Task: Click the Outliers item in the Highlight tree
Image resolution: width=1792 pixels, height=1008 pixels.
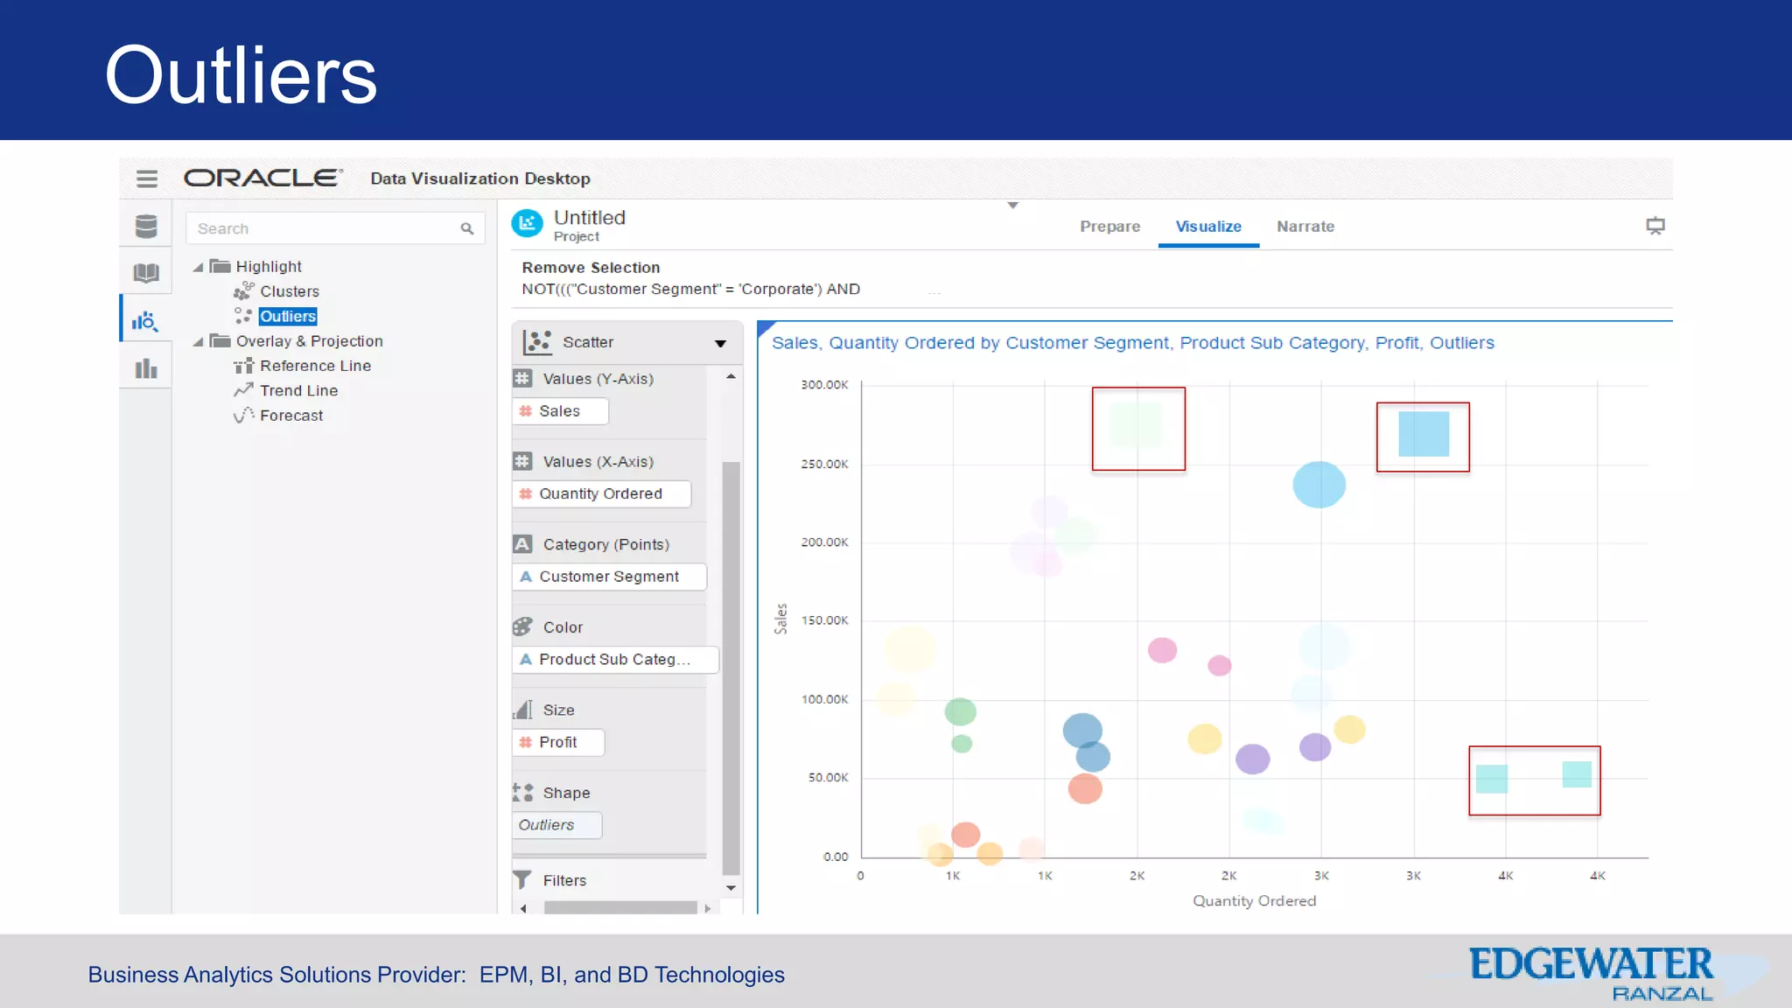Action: pyautogui.click(x=287, y=316)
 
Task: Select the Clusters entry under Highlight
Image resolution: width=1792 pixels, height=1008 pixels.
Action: pyautogui.click(x=289, y=291)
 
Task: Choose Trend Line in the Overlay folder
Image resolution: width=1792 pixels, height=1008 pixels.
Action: pyautogui.click(x=298, y=390)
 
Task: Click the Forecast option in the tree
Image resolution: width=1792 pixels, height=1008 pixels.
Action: pyautogui.click(x=290, y=416)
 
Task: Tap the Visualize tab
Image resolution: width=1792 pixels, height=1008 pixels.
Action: pyautogui.click(x=1207, y=227)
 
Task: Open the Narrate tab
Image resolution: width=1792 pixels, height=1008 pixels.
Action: pyautogui.click(x=1305, y=227)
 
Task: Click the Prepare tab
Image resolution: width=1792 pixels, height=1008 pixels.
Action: pyautogui.click(x=1109, y=227)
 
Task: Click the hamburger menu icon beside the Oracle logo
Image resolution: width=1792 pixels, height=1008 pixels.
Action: pyautogui.click(x=147, y=178)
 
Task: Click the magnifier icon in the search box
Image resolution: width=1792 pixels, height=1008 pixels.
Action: pyautogui.click(x=467, y=228)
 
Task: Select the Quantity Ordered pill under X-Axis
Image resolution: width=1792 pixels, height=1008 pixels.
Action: pyautogui.click(x=600, y=493)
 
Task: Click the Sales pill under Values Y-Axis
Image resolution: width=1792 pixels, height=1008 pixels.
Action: pyautogui.click(x=559, y=411)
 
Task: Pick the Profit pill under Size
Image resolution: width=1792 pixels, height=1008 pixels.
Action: pyautogui.click(x=557, y=742)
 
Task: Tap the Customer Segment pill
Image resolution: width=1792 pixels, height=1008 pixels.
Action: pyautogui.click(x=608, y=577)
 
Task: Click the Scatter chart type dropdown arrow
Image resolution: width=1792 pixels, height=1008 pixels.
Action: pyautogui.click(x=720, y=343)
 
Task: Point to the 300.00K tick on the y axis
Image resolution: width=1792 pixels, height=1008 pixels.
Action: pyautogui.click(x=824, y=385)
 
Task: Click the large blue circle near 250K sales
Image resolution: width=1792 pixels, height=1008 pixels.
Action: pyautogui.click(x=1319, y=485)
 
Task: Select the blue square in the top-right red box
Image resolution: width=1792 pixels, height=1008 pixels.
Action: pyautogui.click(x=1424, y=434)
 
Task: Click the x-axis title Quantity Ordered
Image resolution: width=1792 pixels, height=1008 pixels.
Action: pyautogui.click(x=1254, y=900)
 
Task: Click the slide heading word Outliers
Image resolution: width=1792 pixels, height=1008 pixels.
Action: pyautogui.click(x=241, y=75)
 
